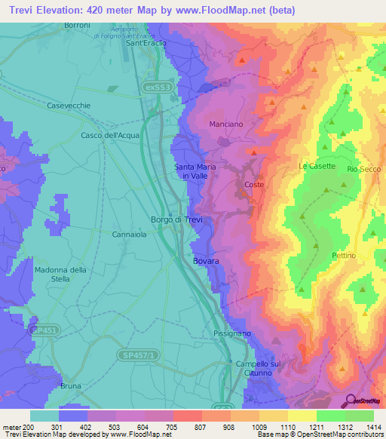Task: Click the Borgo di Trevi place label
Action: pos(173,219)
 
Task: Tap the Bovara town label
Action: pos(206,261)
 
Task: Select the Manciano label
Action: pos(225,123)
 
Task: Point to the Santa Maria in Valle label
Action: pos(191,171)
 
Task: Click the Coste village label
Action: pos(253,184)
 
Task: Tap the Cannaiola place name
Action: pos(129,235)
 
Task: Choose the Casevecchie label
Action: pos(69,106)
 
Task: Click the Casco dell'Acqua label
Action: pos(110,135)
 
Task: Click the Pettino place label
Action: pos(343,256)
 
